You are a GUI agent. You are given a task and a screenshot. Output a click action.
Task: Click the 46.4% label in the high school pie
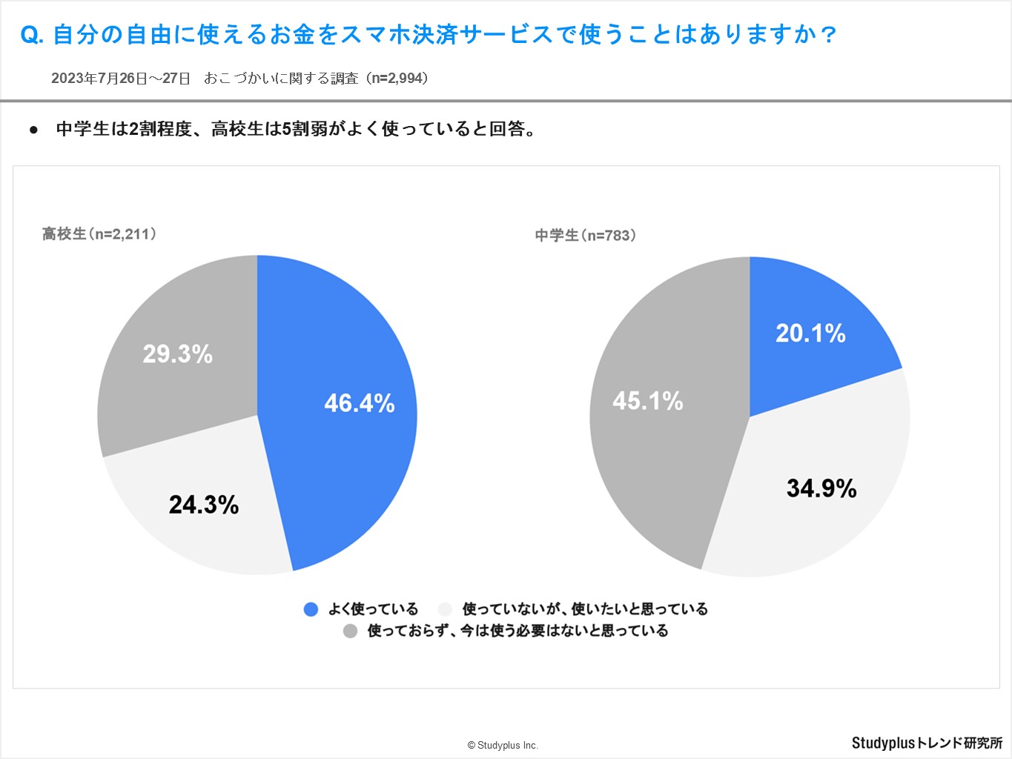360,403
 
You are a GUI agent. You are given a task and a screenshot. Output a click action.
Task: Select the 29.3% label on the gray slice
178,354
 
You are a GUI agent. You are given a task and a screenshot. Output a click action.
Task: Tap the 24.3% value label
204,505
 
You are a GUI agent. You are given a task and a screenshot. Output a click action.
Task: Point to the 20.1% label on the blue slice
810,334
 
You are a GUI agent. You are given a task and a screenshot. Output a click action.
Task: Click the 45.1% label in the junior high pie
648,401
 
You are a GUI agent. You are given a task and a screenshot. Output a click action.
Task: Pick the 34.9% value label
821,488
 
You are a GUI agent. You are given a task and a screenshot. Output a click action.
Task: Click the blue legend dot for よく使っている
311,609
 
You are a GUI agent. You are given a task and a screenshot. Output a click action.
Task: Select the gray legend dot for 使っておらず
350,631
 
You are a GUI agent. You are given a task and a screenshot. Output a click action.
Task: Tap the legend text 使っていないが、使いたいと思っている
585,609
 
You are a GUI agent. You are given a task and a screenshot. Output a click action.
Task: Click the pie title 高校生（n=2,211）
99,234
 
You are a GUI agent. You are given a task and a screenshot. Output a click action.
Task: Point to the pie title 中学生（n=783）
586,236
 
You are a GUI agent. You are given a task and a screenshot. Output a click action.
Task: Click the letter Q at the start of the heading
30,35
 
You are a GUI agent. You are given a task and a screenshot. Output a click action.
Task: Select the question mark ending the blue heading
830,35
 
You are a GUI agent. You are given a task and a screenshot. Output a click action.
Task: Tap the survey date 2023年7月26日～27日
121,79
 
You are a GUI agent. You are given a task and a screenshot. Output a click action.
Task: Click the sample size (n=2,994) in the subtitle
399,79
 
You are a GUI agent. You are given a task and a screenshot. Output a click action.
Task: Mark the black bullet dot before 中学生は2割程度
33,130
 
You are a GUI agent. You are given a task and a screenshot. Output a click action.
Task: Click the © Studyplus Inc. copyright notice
503,745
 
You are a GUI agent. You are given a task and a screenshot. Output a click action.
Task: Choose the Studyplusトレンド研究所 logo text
927,743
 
